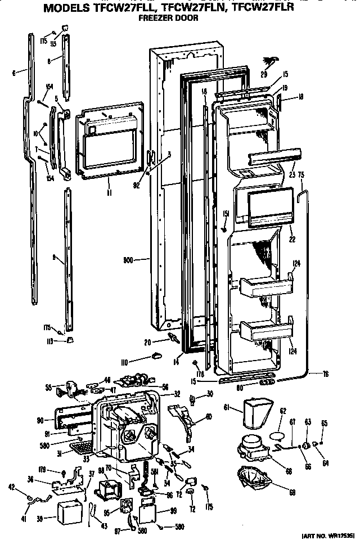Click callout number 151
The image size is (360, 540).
226,213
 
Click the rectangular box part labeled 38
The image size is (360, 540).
70,511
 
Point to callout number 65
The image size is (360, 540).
325,423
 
